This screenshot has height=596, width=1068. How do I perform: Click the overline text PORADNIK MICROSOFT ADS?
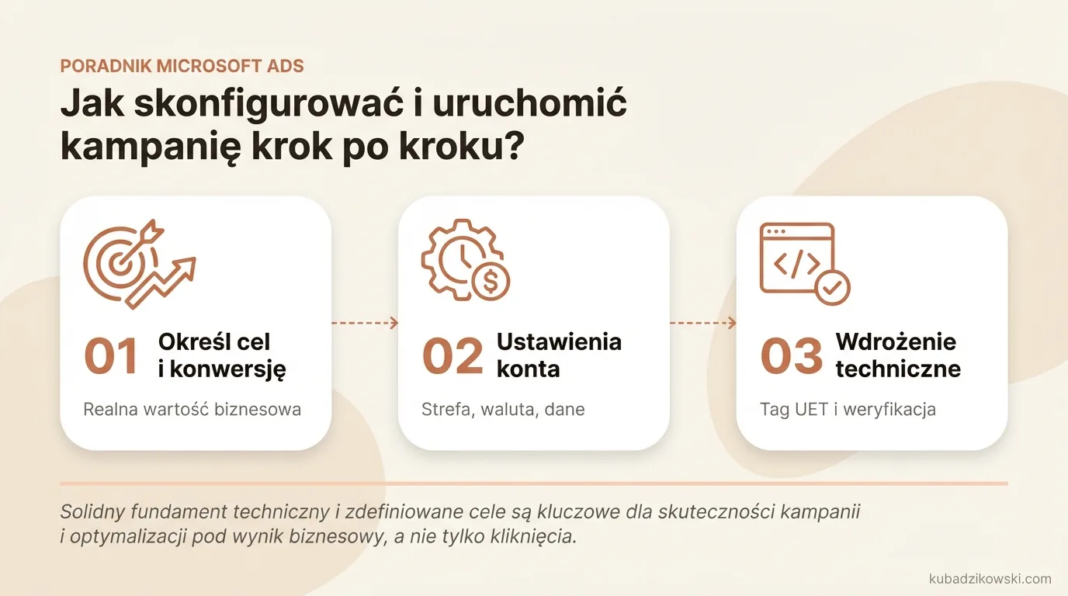coord(182,66)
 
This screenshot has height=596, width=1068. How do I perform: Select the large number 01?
coord(112,356)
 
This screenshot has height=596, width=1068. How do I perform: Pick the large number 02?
coord(453,356)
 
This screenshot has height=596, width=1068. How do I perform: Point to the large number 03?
coord(791,356)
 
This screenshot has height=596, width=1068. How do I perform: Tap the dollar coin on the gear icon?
coord(491,282)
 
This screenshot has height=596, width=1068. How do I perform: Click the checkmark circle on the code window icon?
coord(832,288)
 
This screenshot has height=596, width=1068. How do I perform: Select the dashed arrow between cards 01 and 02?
coord(365,323)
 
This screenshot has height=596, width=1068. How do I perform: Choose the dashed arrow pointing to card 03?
coord(702,323)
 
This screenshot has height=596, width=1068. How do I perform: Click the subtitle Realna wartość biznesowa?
coord(192,409)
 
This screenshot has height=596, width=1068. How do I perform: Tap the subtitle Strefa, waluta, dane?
coord(503,409)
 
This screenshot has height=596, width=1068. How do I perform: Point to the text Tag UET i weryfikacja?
coord(848,409)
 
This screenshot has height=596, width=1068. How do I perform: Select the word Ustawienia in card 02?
coord(559,341)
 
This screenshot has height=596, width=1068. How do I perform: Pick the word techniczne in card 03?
coord(898,369)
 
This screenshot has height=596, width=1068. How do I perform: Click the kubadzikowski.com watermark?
coord(990,578)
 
